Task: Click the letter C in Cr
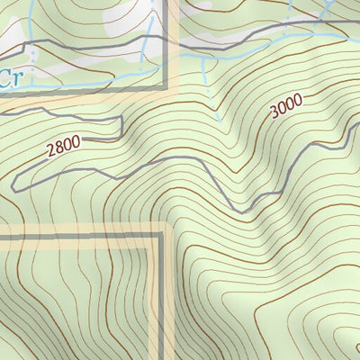point(4,79)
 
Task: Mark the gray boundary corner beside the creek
point(166,89)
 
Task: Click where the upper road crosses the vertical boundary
point(166,38)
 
